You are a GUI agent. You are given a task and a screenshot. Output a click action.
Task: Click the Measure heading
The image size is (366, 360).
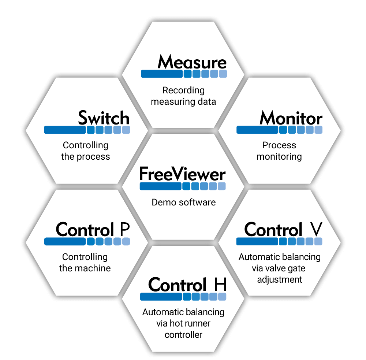192,62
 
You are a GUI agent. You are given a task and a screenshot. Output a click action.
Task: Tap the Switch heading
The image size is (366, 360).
104,118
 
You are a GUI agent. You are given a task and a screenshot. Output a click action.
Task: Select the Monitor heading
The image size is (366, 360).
291,118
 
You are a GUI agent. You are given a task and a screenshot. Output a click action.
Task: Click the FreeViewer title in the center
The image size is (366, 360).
183,174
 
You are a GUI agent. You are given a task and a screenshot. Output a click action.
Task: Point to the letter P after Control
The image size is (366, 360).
125,230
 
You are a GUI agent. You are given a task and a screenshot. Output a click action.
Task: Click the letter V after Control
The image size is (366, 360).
315,230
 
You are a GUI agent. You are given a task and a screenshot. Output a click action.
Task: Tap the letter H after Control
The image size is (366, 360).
220,285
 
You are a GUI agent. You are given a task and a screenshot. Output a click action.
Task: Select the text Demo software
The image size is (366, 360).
184,202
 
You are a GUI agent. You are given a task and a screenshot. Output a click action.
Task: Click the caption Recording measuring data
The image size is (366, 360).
183,96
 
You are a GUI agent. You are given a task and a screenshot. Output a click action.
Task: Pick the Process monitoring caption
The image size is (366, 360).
279,151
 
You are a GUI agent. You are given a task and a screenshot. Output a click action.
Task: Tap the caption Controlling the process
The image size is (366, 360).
86,151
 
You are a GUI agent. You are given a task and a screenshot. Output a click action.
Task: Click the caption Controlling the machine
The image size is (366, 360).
85,262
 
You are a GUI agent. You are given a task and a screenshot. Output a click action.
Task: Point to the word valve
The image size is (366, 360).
277,268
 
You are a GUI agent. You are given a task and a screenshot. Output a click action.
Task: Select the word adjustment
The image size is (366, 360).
280,279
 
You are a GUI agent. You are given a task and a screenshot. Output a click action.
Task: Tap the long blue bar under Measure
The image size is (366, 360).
161,74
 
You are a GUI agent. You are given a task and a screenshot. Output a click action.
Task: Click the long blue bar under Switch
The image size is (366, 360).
65,130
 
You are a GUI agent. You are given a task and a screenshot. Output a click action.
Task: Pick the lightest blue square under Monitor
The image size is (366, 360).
318,130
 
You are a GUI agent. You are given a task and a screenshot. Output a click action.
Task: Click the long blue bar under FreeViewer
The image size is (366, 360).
160,186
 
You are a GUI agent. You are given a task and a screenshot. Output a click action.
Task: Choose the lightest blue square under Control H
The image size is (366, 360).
222,297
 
